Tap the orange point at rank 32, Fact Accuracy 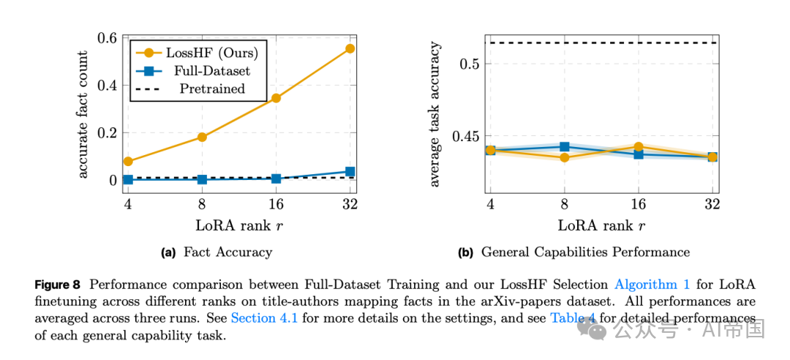(x=350, y=48)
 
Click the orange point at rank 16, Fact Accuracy (x=276, y=98)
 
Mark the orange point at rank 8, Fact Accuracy (x=202, y=137)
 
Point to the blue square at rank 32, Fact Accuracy (x=350, y=171)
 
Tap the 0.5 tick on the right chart (x=470, y=64)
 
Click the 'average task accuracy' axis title (x=434, y=115)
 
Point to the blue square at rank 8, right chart (x=564, y=147)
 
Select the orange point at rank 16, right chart (x=638, y=147)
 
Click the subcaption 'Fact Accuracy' (x=227, y=252)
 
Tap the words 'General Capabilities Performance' (x=585, y=252)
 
